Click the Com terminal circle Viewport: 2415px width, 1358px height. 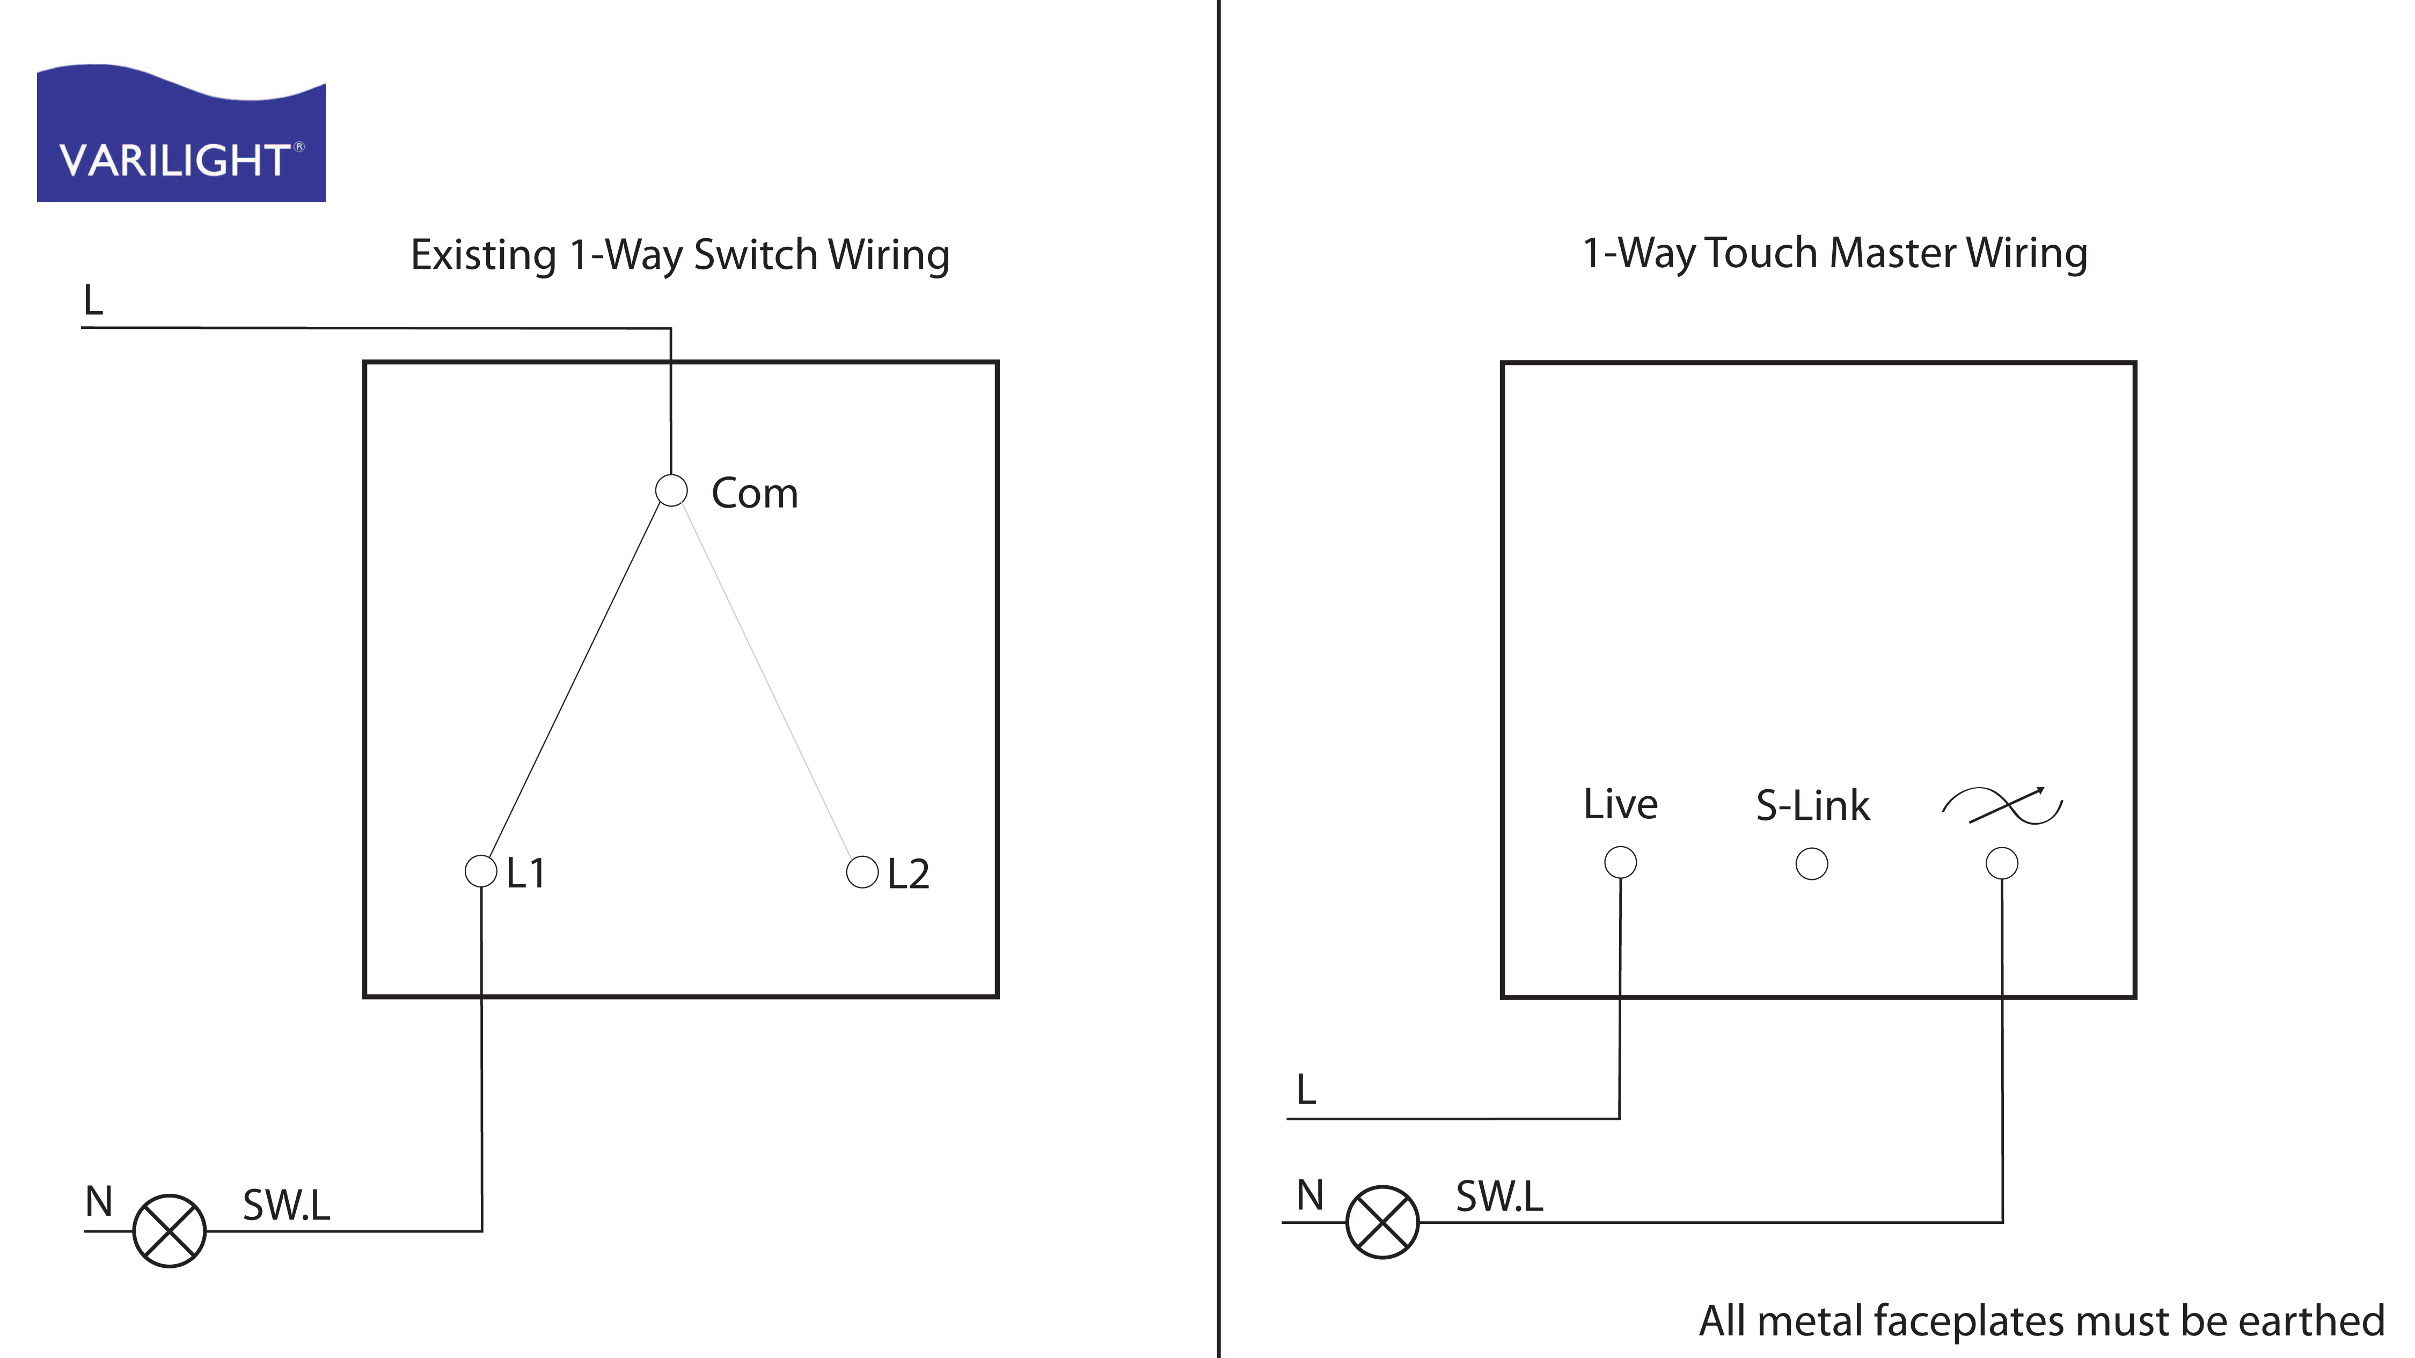(671, 490)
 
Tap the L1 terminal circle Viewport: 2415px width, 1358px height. (481, 871)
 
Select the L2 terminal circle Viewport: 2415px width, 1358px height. (861, 871)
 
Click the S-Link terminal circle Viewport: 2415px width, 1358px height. (1811, 863)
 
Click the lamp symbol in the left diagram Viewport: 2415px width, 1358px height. (170, 1230)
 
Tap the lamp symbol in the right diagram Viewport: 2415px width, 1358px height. (1382, 1222)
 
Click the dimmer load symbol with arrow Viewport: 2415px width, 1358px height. (2002, 806)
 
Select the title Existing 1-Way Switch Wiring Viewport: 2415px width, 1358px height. (679, 255)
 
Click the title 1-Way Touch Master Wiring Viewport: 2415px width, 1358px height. (1835, 253)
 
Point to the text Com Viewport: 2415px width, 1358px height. (755, 493)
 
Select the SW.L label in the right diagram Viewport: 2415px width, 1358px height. (1498, 1197)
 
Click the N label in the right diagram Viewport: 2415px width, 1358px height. (1309, 1196)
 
